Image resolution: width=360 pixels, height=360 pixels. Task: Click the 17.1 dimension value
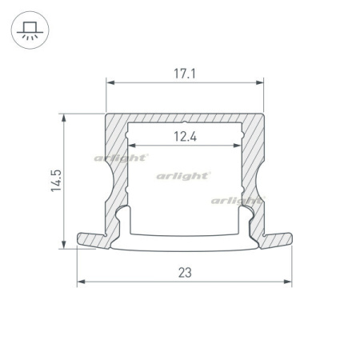(x=185, y=74)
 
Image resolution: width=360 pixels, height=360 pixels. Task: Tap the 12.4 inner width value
(x=185, y=137)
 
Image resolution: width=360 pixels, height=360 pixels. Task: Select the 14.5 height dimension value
(x=56, y=181)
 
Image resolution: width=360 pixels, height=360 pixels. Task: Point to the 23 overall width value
(x=185, y=273)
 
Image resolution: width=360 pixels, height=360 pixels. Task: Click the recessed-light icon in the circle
(x=30, y=30)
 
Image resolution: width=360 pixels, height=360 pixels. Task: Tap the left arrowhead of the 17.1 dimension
(x=110, y=82)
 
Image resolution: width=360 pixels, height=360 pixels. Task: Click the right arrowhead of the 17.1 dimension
(x=259, y=82)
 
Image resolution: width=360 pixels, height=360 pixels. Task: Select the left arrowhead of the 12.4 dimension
(x=132, y=146)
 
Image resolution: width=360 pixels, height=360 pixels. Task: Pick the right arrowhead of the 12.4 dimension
(x=237, y=146)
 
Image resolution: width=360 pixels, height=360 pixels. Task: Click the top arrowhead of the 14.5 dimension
(x=64, y=118)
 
